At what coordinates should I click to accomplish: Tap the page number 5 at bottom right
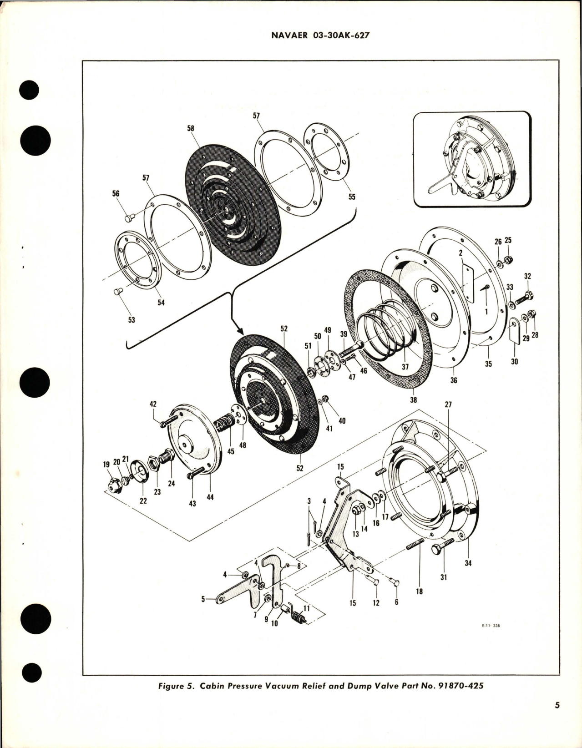coord(557,718)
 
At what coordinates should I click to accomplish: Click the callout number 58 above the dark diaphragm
coord(190,128)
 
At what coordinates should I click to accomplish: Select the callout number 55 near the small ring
coord(352,197)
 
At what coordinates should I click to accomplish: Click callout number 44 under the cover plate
coord(209,498)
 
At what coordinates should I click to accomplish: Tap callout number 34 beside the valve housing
coord(468,563)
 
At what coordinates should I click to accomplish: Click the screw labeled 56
coord(129,218)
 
